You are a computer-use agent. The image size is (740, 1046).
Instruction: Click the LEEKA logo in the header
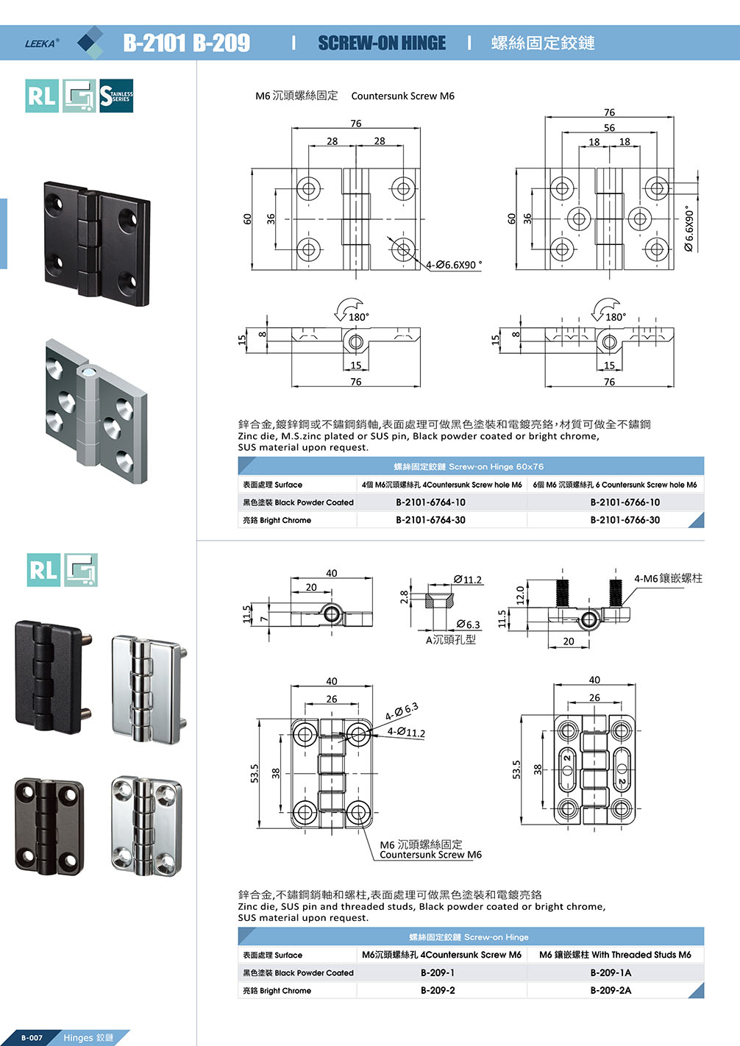(42, 43)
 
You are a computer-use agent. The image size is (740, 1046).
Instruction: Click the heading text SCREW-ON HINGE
(382, 43)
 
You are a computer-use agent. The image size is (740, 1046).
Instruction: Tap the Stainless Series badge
(116, 96)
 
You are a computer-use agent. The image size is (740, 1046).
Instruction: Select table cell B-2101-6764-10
(430, 502)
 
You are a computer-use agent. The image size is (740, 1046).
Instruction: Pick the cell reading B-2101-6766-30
(625, 520)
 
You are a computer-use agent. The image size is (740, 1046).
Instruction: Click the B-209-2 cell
(438, 990)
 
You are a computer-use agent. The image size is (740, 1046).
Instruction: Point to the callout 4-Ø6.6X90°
(454, 265)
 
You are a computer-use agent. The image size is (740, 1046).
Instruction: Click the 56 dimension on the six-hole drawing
(609, 127)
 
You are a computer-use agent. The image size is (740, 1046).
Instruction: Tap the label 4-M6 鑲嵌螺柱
(668, 578)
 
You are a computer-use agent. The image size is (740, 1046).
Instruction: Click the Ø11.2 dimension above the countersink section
(468, 580)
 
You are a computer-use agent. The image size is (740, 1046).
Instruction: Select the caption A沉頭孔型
(451, 640)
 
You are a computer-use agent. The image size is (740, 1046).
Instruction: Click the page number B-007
(32, 1038)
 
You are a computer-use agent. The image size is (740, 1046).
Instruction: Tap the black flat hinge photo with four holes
(96, 243)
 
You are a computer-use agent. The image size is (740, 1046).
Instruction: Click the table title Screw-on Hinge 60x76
(469, 466)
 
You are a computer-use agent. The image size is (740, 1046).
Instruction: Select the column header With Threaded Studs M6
(615, 955)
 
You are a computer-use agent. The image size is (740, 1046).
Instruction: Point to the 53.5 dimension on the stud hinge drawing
(516, 769)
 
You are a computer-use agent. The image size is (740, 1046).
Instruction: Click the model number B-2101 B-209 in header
(186, 43)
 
